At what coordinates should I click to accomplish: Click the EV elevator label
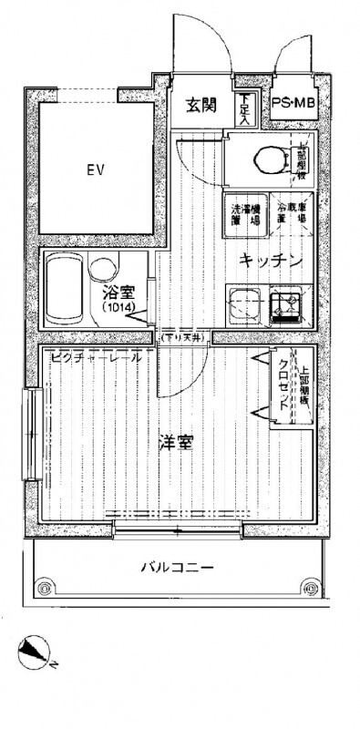tap(92, 169)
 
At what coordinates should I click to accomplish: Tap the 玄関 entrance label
tap(201, 105)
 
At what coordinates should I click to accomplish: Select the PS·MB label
tap(293, 106)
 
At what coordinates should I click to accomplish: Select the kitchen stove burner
tap(290, 302)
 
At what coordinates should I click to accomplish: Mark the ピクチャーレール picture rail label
tap(97, 357)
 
